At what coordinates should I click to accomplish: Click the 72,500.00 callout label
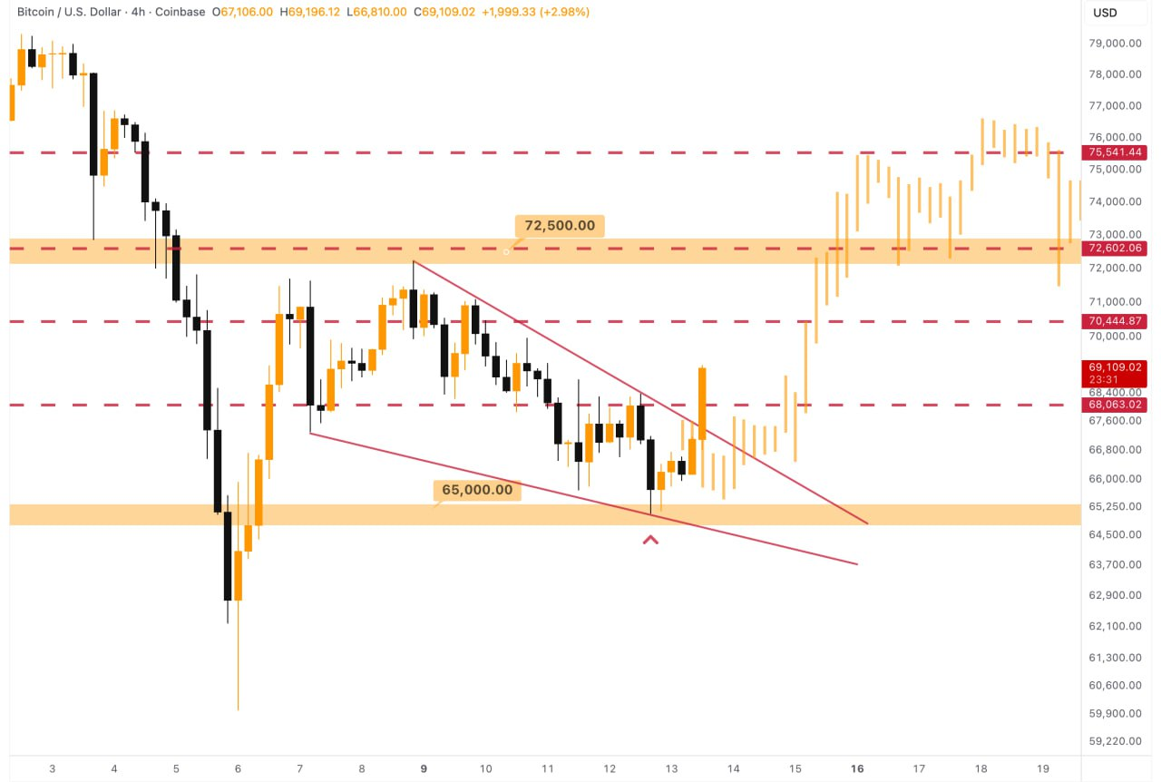[560, 226]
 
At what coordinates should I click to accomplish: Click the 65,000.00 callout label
[477, 490]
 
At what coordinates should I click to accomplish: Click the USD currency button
[1105, 13]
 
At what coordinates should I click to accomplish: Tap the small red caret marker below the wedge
[650, 541]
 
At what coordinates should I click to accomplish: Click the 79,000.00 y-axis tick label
[1115, 43]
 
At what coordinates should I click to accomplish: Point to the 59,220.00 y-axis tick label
[1115, 740]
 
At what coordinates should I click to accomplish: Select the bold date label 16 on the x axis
[857, 768]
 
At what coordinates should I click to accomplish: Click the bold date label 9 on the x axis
[424, 768]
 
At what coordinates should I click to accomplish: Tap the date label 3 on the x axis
[53, 768]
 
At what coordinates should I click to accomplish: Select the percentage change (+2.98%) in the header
[561, 13]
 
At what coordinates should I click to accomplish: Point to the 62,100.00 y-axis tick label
[1115, 625]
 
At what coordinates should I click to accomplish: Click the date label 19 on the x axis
[1042, 768]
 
